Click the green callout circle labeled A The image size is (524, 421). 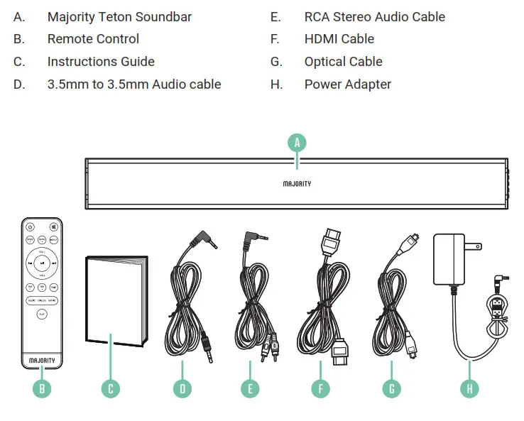point(298,142)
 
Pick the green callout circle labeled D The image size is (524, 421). point(181,388)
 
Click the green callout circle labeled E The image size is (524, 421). point(250,388)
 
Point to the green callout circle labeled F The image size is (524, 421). point(320,388)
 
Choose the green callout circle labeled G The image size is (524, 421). point(390,388)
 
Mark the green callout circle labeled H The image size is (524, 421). point(469,388)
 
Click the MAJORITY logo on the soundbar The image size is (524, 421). point(297,184)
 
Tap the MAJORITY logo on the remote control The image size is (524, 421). point(42,361)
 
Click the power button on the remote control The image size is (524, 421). point(30,227)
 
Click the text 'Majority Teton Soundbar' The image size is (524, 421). point(119,16)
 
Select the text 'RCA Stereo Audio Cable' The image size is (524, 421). point(374,16)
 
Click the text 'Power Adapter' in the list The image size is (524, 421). point(347,84)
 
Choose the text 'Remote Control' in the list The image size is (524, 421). point(93,39)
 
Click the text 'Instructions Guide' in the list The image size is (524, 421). point(101,62)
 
